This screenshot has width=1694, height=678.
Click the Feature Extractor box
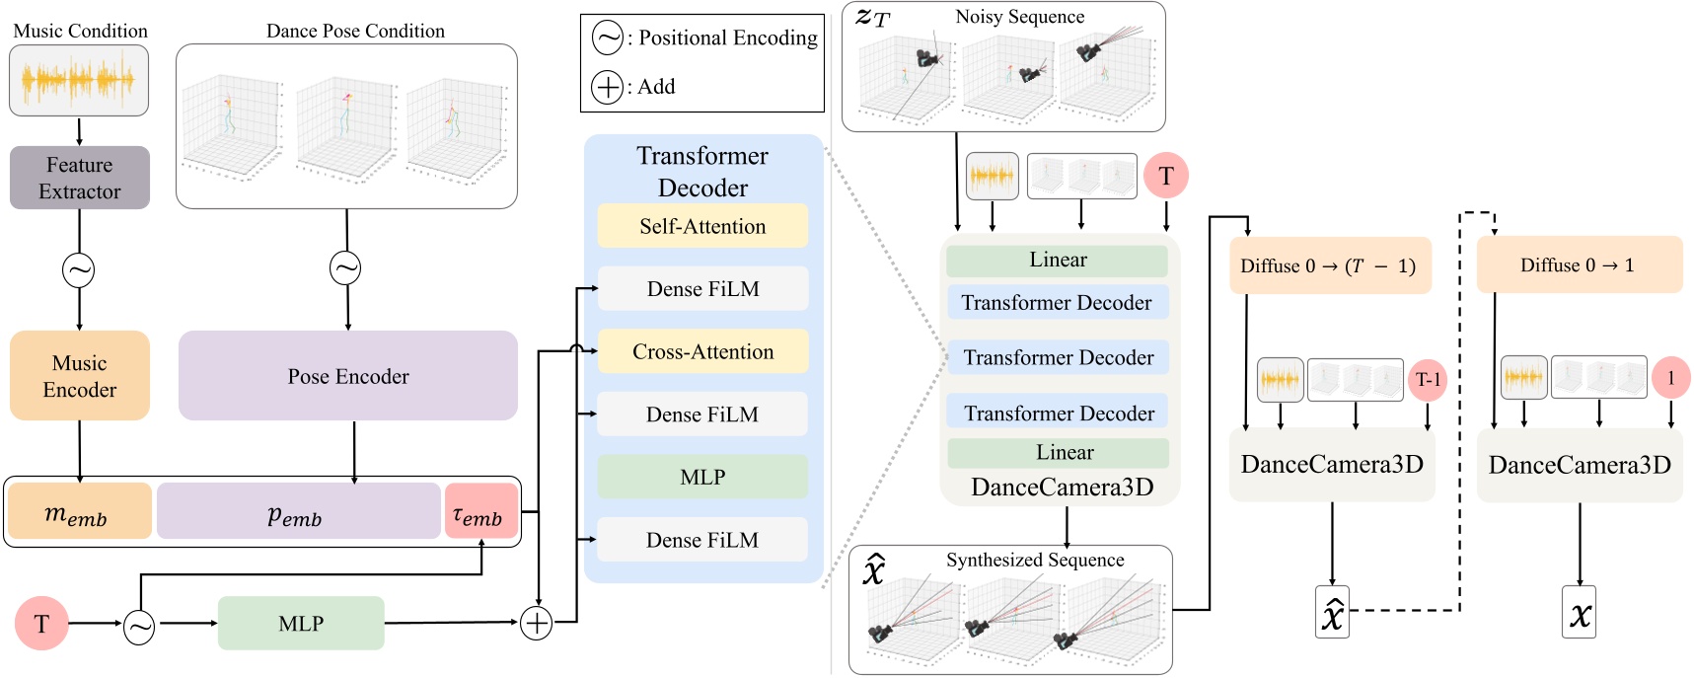tap(80, 178)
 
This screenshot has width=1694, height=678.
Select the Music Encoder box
tap(80, 376)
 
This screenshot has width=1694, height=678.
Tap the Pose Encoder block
tap(347, 376)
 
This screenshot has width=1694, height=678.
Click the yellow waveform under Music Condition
tap(79, 80)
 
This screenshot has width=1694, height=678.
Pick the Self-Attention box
tap(702, 226)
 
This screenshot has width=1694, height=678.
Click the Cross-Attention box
tap(702, 351)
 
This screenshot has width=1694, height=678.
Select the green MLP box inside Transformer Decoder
tap(702, 477)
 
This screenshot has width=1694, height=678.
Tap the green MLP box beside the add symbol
tap(301, 623)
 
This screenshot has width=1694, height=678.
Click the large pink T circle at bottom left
tap(41, 623)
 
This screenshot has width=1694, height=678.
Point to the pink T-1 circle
tap(1428, 380)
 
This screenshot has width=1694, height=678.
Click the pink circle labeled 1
tap(1670, 378)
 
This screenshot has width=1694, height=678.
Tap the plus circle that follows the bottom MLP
tap(536, 623)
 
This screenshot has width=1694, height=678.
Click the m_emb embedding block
tap(79, 511)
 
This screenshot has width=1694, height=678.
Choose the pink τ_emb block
tap(480, 511)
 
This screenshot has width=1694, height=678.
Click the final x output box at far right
tap(1579, 613)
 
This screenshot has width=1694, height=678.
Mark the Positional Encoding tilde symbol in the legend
tap(607, 38)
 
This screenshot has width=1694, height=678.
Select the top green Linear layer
tap(1057, 261)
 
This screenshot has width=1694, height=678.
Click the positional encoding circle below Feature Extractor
tap(79, 269)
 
